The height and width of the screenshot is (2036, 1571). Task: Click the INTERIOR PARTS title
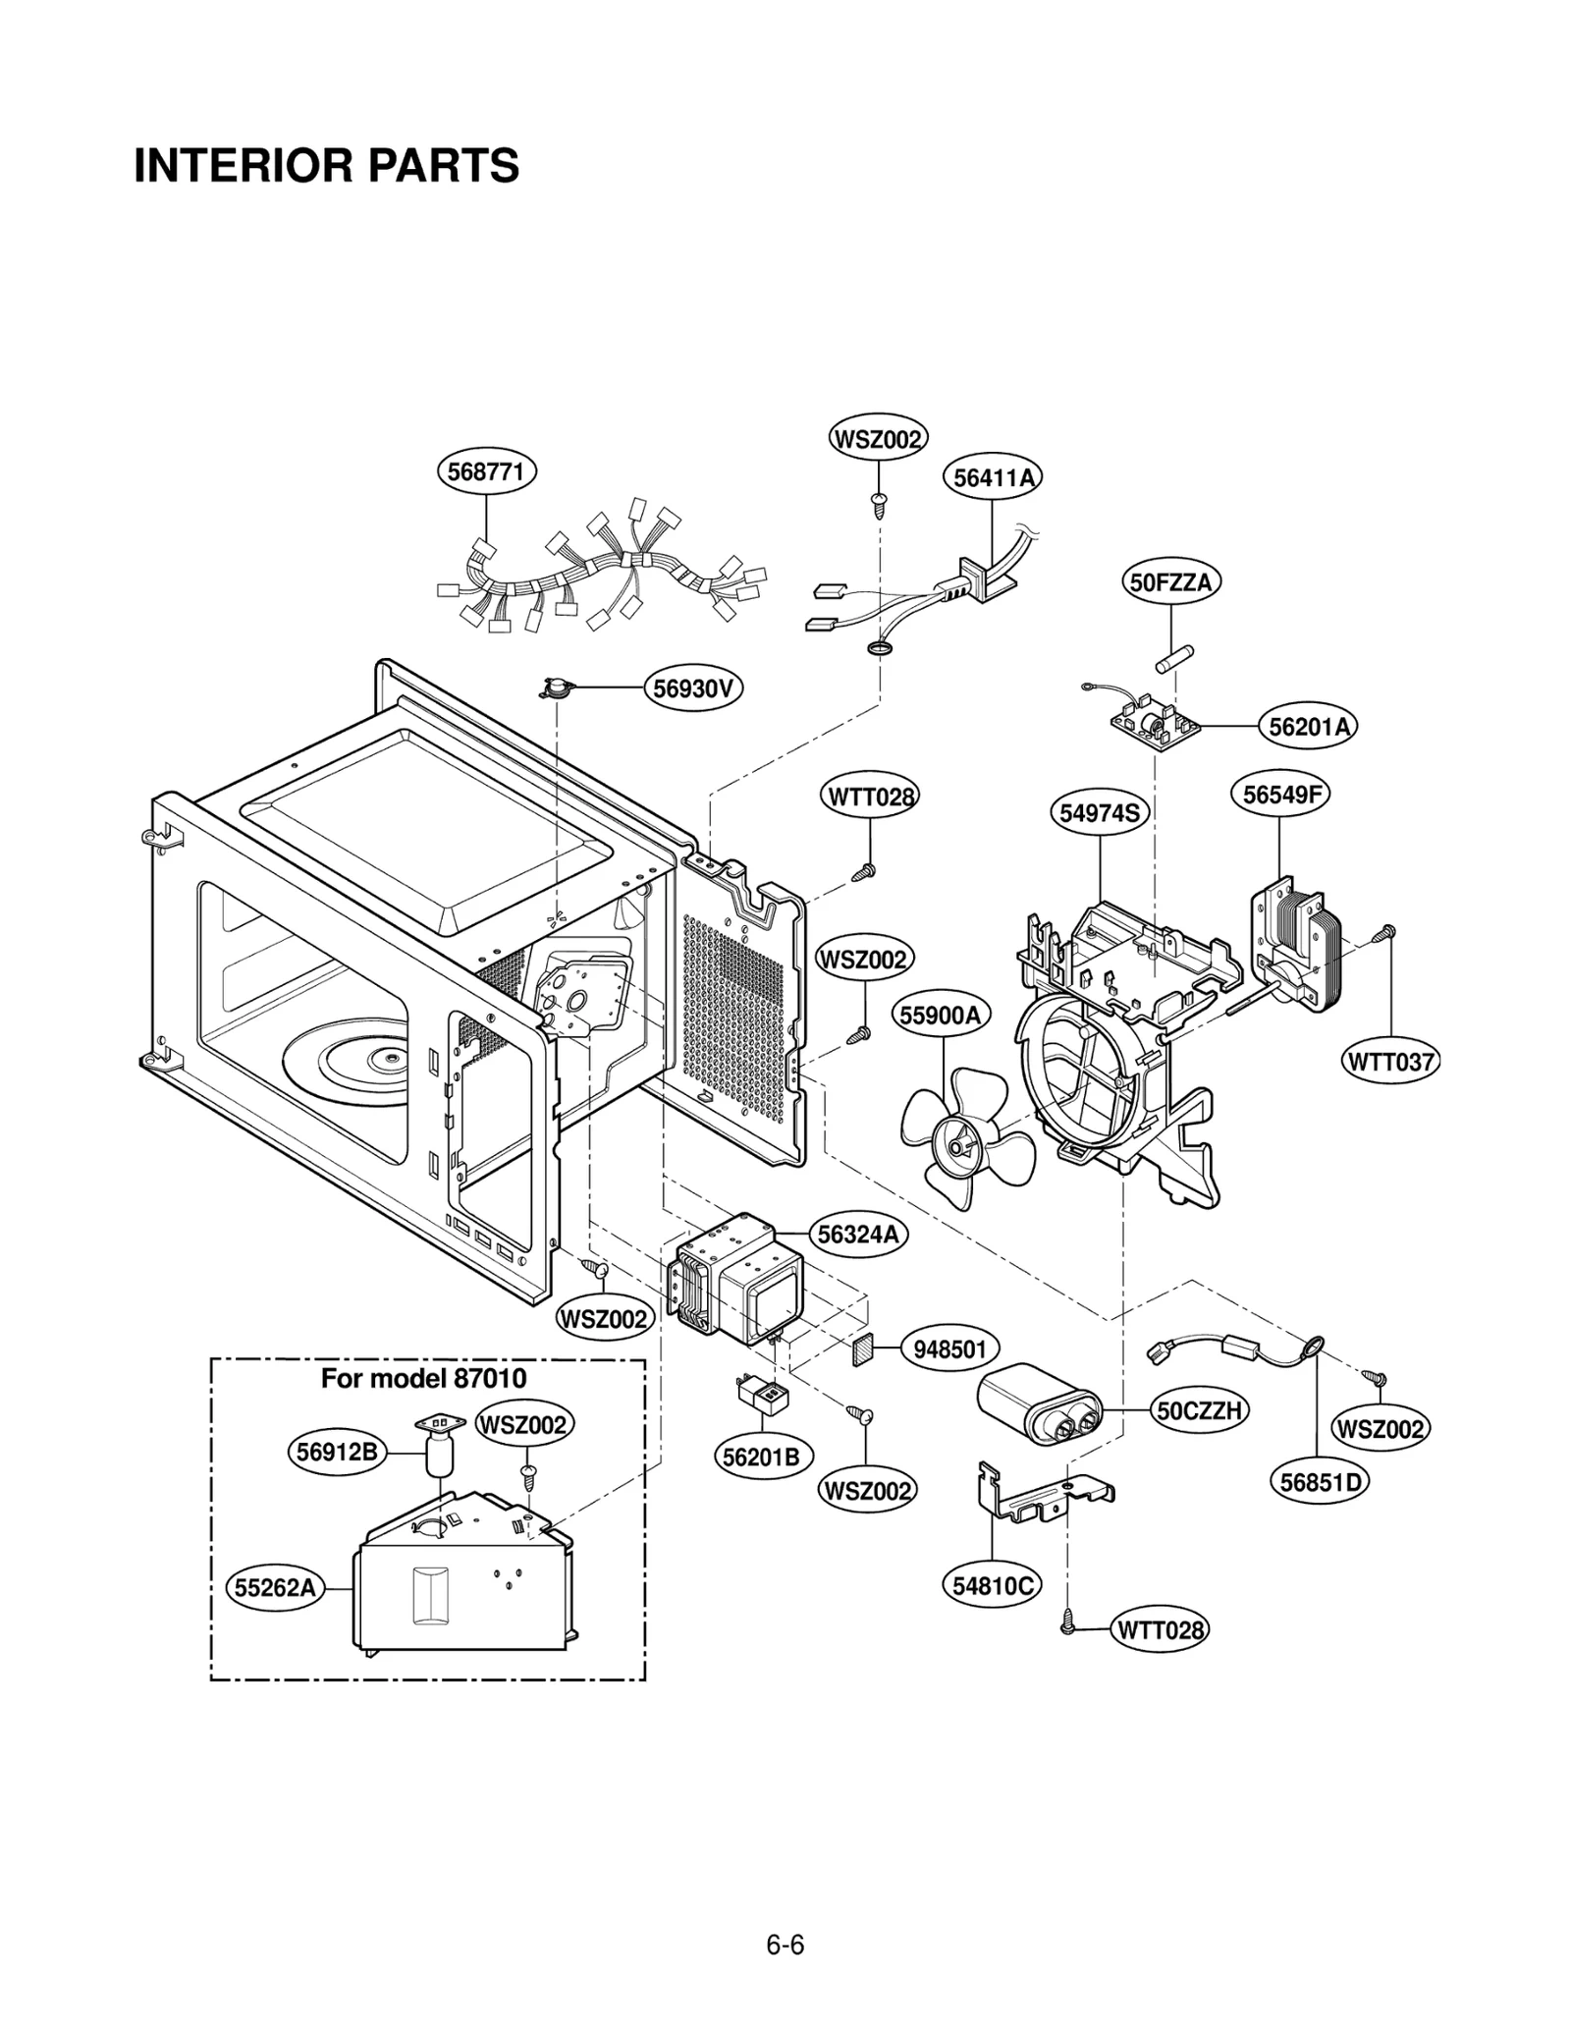click(326, 166)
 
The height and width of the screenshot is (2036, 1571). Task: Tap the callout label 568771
click(486, 471)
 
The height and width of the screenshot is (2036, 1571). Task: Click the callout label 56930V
click(693, 688)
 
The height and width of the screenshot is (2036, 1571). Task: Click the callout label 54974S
click(1100, 813)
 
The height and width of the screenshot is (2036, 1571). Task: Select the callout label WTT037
click(1390, 1062)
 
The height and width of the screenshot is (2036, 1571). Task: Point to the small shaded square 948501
click(861, 1350)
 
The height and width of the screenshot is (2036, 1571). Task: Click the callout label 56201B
click(761, 1458)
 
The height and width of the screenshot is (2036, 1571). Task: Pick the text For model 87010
click(423, 1379)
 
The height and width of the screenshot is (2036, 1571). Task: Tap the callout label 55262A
click(276, 1587)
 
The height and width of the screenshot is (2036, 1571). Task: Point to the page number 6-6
click(785, 1917)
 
